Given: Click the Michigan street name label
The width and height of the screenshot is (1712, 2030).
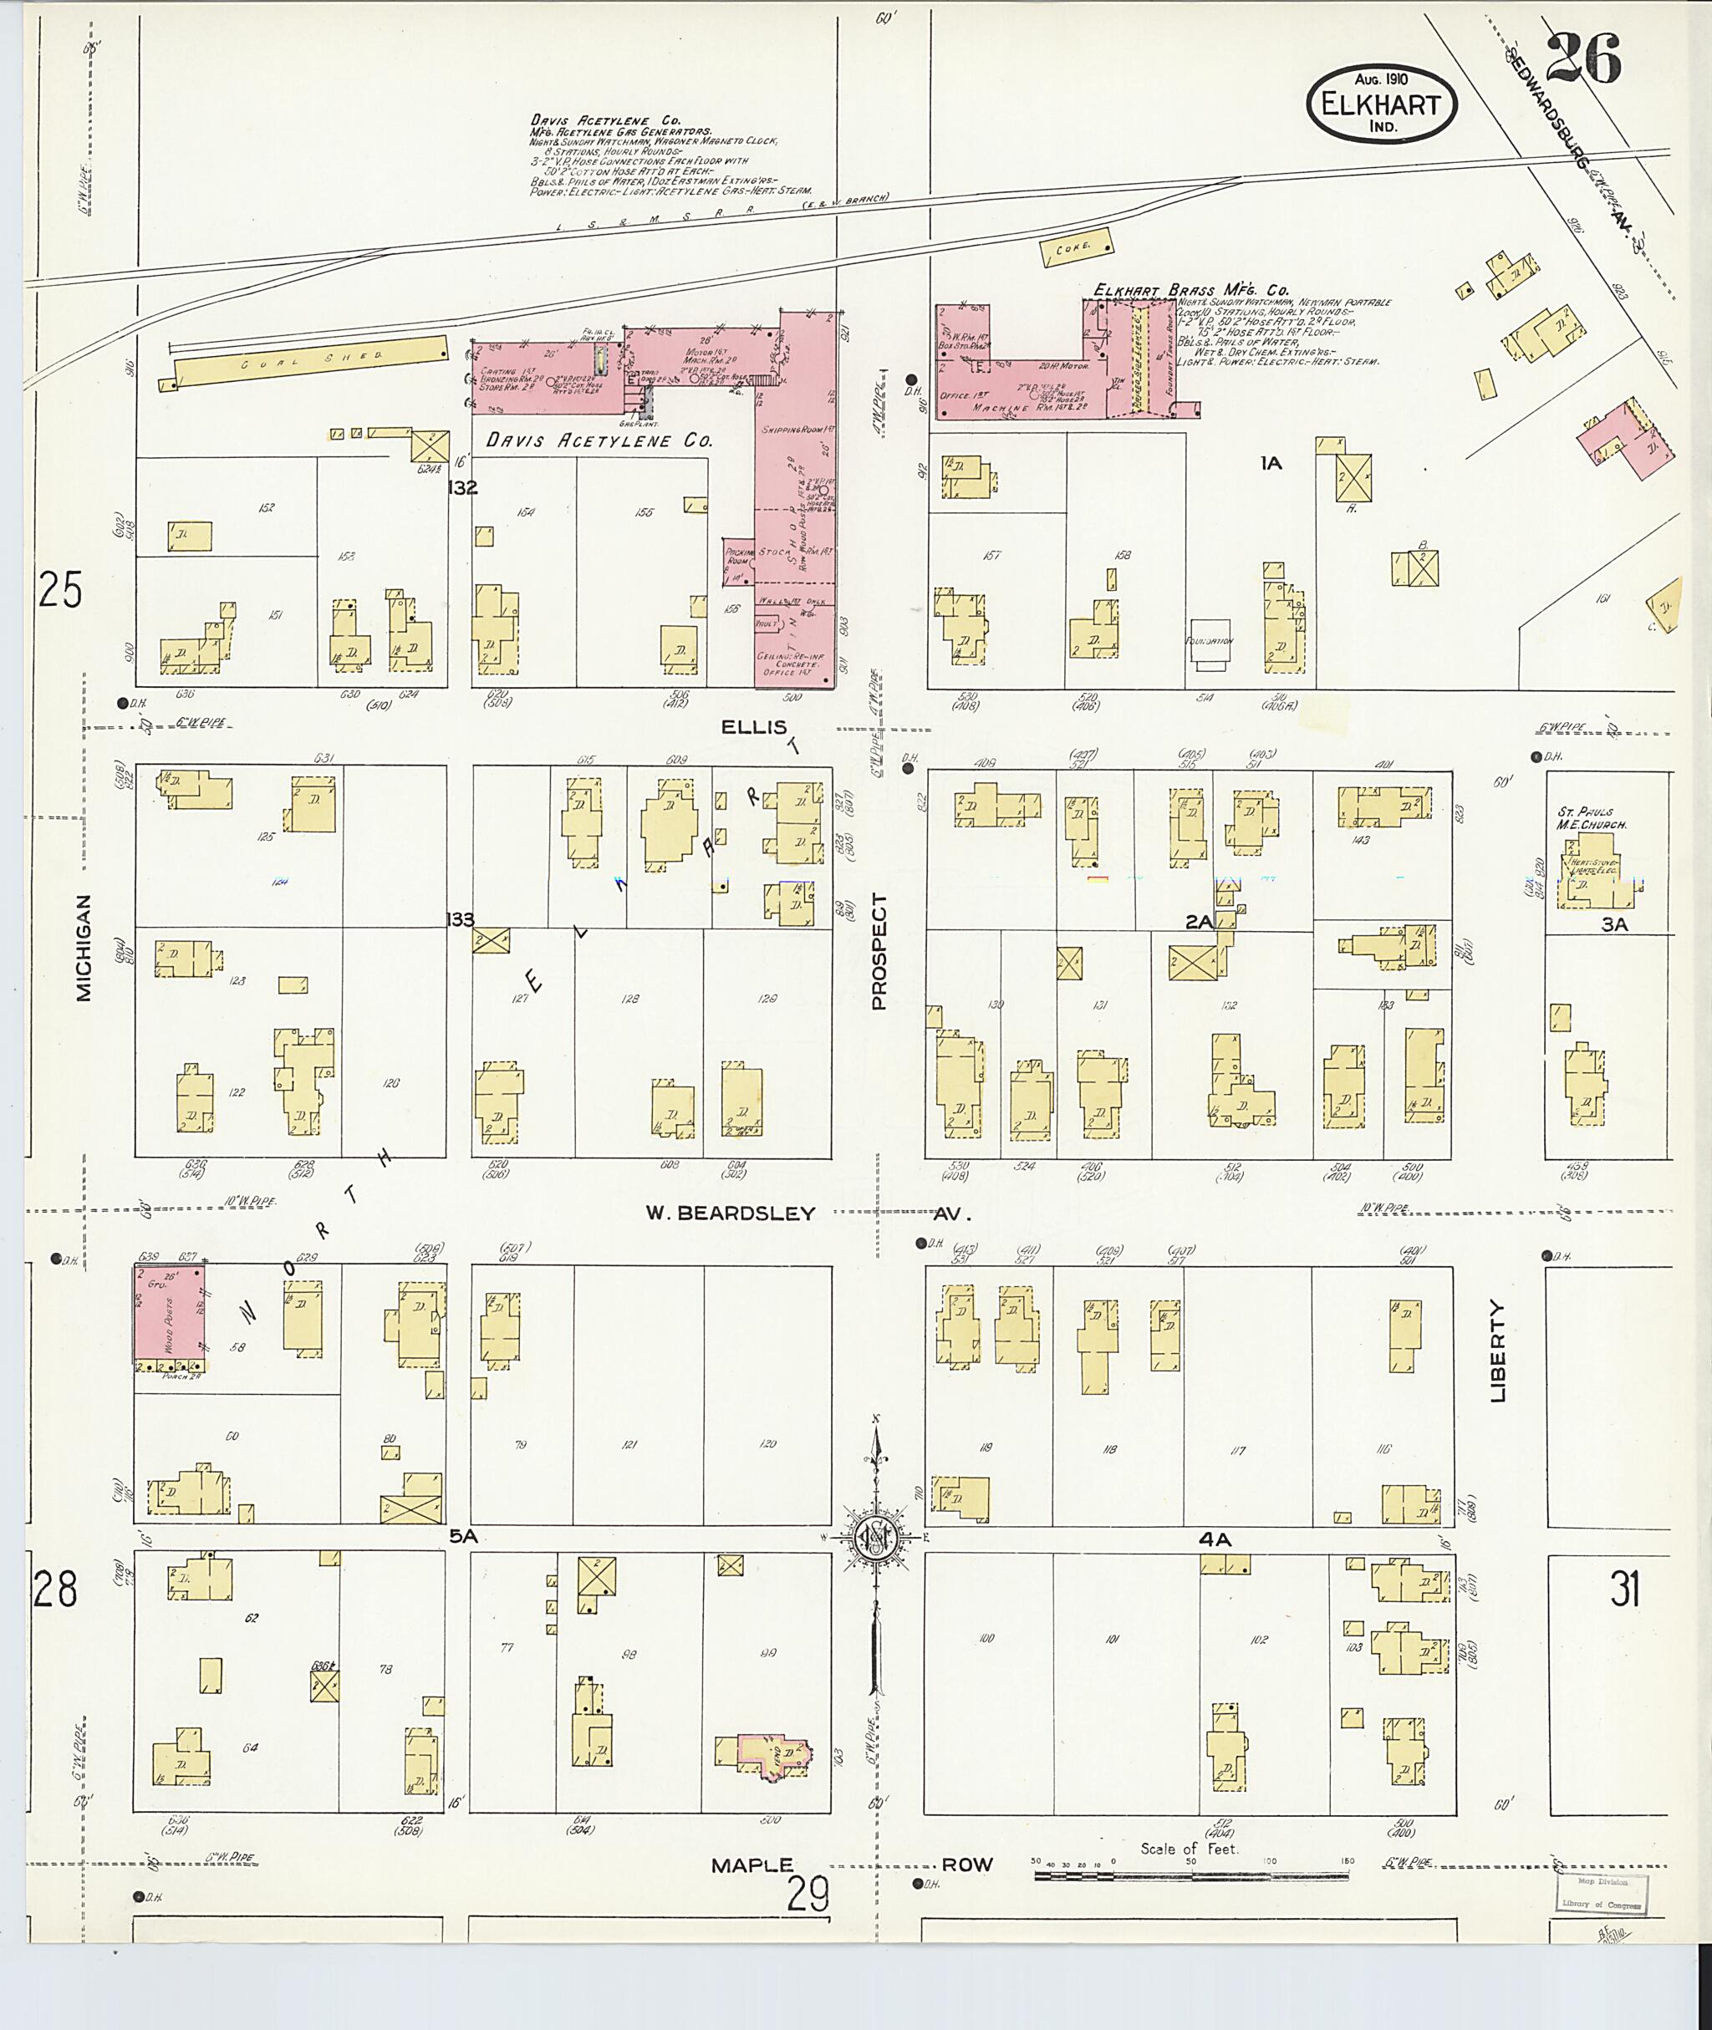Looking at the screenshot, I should click(x=84, y=947).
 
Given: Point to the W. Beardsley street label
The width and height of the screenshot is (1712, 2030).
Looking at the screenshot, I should click(x=731, y=1213).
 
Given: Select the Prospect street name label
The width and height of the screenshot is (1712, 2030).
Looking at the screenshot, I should click(x=879, y=952).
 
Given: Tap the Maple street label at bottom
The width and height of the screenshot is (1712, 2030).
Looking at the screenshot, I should click(x=752, y=1865).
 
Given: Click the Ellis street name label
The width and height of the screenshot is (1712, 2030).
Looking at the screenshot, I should click(x=753, y=727).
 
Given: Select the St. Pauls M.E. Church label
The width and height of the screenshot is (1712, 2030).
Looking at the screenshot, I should click(x=1591, y=818).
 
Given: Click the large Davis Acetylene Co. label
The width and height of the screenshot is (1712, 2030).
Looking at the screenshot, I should click(x=599, y=440).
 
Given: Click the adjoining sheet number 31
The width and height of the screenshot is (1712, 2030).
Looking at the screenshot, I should click(x=1625, y=1590).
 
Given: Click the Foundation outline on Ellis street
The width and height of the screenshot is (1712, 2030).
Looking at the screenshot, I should click(x=1210, y=644).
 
